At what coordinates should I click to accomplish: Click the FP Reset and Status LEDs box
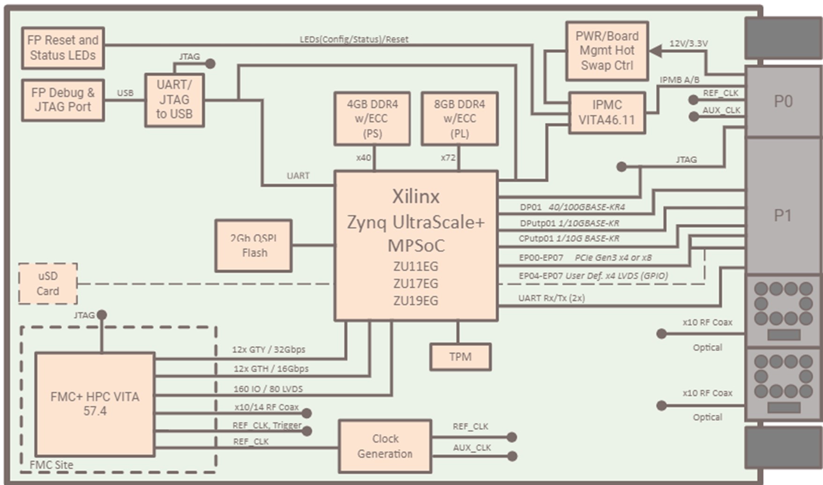63,48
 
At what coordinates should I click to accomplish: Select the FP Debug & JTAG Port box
63,100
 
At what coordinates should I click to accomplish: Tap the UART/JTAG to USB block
174,100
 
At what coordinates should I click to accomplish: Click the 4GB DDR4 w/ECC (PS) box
372,119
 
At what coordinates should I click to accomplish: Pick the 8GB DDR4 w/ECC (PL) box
459,119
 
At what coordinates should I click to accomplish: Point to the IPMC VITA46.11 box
607,112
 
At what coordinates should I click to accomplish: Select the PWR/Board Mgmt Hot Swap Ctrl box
607,51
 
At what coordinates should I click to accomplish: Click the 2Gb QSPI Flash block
253,246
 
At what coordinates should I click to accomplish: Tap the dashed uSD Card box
48,284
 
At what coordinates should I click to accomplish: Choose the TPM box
460,357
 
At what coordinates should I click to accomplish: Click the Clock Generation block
385,446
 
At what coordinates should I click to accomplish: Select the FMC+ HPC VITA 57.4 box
95,404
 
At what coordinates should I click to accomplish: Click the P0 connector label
783,101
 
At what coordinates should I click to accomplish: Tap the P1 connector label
783,216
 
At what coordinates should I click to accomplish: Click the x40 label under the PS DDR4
363,158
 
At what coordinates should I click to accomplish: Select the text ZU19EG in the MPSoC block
415,300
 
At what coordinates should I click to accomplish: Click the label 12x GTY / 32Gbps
268,350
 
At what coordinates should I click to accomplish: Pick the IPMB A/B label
679,80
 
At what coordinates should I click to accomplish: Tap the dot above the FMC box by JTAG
102,315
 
